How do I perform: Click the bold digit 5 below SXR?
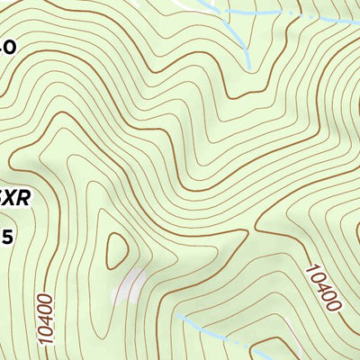click(x=7, y=237)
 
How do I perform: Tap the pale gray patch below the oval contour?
click(x=128, y=286)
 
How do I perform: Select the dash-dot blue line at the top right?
click(x=306, y=17)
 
